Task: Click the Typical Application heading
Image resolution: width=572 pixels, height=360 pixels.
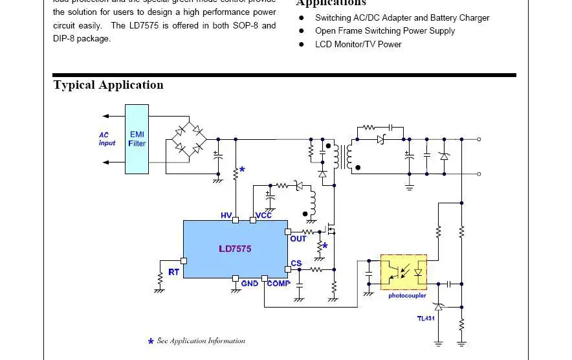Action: point(108,85)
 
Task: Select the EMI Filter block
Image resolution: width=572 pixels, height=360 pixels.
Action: point(137,139)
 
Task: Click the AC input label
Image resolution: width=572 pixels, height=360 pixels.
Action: point(107,139)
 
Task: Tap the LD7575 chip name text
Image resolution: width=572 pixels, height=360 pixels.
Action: point(235,249)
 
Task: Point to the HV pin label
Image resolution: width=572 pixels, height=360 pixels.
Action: point(226,216)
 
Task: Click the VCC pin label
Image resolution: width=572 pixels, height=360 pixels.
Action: point(264,216)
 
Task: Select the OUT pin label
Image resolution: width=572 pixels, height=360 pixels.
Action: point(298,239)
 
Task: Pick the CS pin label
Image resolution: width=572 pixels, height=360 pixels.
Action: point(296,264)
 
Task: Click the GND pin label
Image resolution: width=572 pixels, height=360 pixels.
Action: point(250,284)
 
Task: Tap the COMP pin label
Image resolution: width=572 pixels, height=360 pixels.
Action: point(279,284)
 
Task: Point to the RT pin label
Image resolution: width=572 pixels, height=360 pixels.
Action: point(173,272)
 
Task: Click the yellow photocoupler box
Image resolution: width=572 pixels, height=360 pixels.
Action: point(404,272)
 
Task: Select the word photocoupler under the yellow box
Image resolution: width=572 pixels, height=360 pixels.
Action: point(407,296)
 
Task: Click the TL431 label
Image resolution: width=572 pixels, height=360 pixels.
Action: point(426,318)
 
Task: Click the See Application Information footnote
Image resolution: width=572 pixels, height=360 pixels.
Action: point(201,341)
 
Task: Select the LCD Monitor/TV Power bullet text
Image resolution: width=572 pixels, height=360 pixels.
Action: point(358,44)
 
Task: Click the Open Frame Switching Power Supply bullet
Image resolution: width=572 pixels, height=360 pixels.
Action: point(384,31)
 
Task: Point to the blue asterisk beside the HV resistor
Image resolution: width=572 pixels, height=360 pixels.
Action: point(242,170)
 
